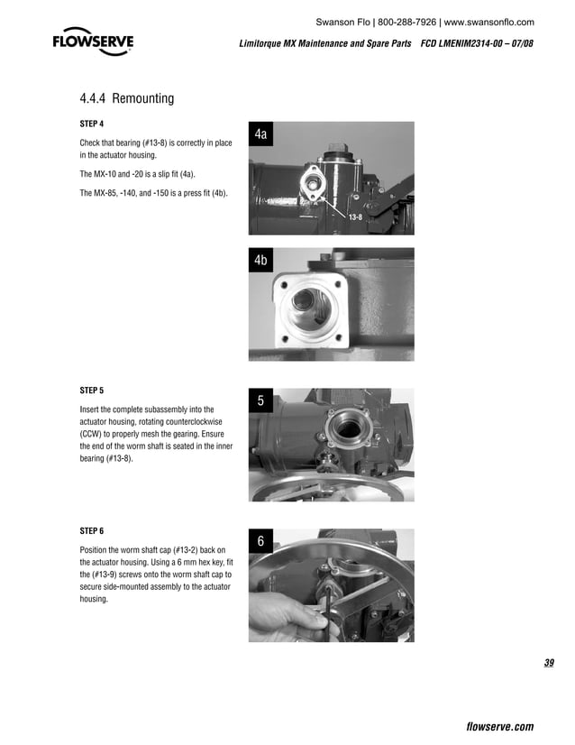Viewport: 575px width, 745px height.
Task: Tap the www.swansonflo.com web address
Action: (488, 22)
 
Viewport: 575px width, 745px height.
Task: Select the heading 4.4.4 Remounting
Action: (127, 98)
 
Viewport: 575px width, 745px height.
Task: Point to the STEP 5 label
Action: (92, 391)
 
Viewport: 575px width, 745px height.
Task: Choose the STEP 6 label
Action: (92, 529)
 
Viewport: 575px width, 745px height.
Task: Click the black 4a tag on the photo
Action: (260, 134)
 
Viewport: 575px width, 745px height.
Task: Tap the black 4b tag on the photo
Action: (260, 261)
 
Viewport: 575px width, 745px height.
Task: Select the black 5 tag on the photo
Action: (260, 401)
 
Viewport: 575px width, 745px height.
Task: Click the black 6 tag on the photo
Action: (260, 542)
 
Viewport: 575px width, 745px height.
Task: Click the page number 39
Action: (549, 665)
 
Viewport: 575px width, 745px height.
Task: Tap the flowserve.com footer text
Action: (499, 727)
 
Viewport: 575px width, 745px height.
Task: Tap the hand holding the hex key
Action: (284, 613)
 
